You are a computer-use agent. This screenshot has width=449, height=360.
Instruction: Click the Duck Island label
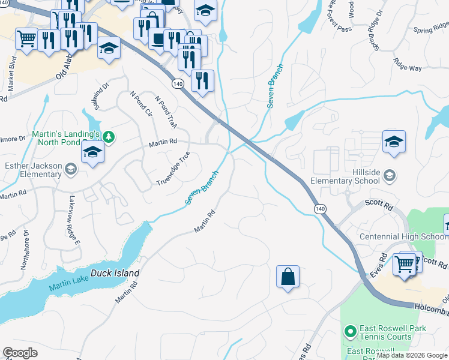pyautogui.click(x=115, y=273)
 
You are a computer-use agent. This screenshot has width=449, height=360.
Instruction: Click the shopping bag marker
pyautogui.click(x=288, y=277)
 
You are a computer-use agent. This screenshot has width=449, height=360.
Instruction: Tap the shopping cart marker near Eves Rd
pyautogui.click(x=404, y=263)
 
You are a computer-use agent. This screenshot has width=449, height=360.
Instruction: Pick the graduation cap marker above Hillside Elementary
pyautogui.click(x=394, y=142)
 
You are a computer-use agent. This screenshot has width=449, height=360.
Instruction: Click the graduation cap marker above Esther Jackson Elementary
pyautogui.click(x=93, y=152)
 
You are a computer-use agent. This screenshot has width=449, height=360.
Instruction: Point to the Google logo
pyautogui.click(x=20, y=353)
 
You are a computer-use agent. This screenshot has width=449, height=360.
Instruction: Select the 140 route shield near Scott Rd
pyautogui.click(x=320, y=208)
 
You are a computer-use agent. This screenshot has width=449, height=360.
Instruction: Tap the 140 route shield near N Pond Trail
pyautogui.click(x=177, y=84)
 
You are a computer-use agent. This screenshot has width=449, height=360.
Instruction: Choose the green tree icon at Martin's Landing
pyautogui.click(x=108, y=137)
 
